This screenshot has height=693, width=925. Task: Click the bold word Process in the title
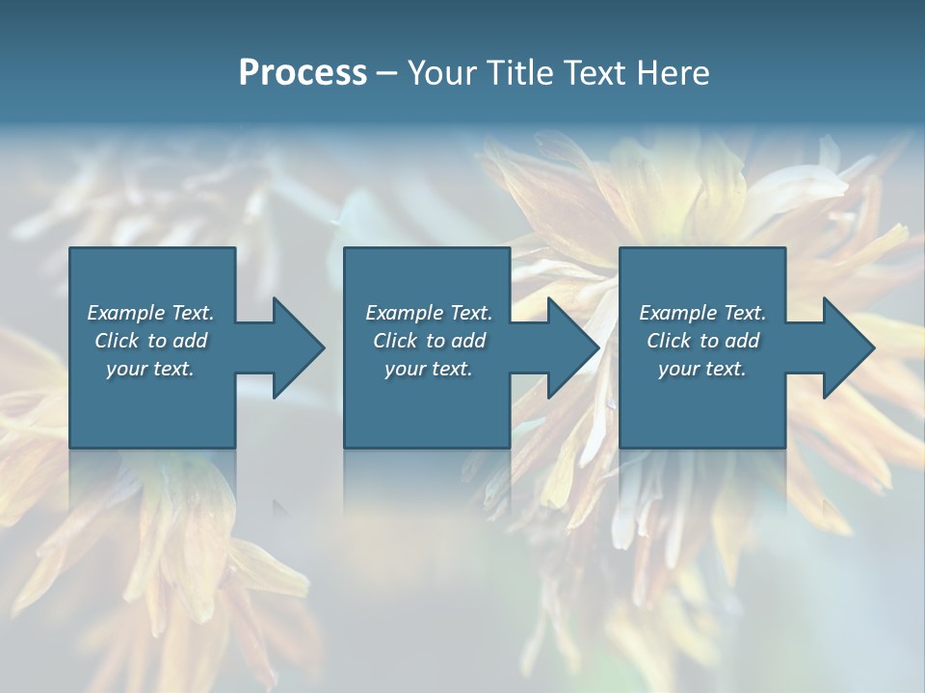pos(303,73)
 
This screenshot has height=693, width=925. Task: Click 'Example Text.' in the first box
pos(150,313)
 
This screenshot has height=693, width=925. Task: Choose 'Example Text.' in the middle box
pos(429,313)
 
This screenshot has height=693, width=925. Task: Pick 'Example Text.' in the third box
pos(702,313)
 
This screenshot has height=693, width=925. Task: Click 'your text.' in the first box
pos(150,369)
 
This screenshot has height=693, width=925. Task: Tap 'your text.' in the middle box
pos(429,369)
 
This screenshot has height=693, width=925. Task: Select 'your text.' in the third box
pos(702,369)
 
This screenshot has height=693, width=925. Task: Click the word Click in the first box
pos(117,341)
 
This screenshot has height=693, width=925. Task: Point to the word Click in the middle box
pos(395,341)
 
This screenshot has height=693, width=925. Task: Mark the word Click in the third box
pos(669,341)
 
